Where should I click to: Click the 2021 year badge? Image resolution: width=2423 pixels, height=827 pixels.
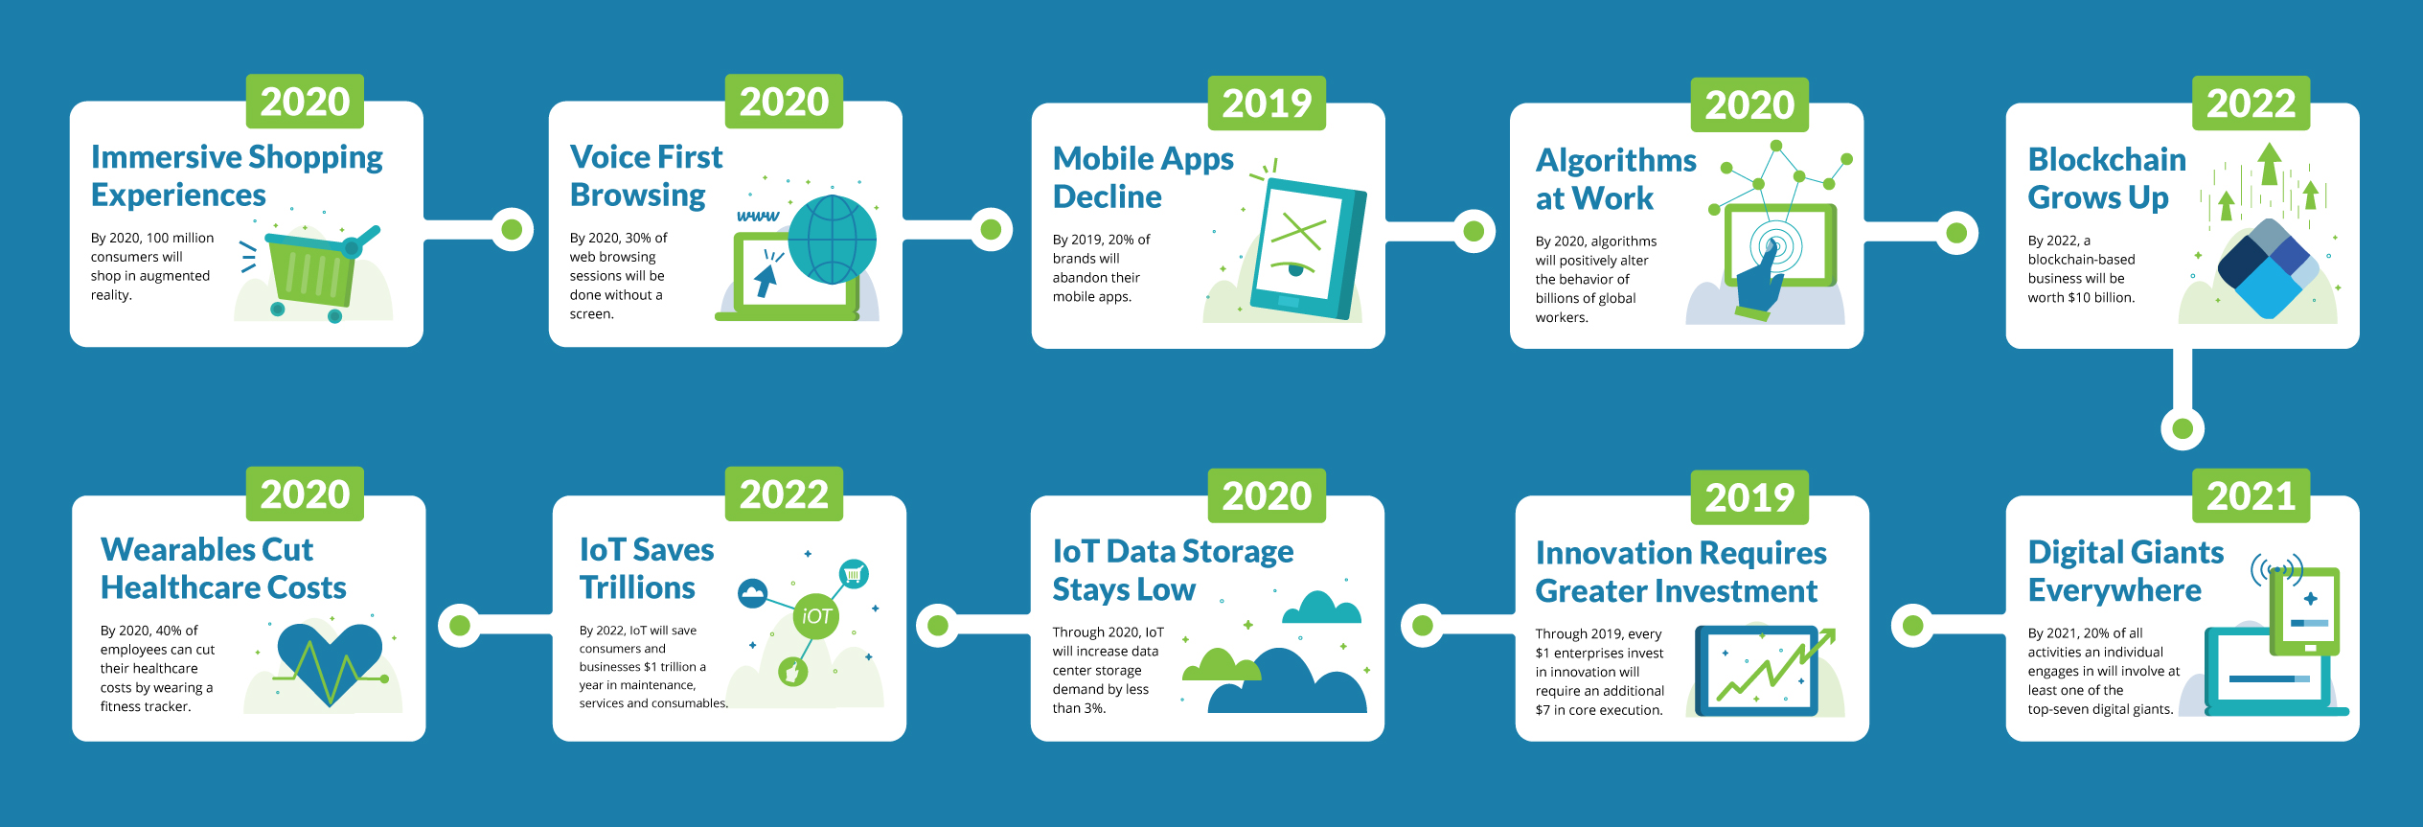point(2251,495)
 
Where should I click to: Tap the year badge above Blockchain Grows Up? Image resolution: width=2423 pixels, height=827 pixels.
point(2251,103)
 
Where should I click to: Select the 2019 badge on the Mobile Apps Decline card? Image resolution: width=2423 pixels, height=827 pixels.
point(1267,103)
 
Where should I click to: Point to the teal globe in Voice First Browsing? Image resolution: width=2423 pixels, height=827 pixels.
point(832,240)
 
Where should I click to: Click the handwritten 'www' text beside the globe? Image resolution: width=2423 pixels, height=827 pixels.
point(758,216)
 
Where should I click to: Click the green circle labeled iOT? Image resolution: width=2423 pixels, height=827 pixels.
point(816,616)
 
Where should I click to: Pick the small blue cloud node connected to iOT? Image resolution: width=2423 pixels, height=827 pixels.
point(753,593)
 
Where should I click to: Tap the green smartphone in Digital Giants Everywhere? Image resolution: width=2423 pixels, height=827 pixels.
point(2304,611)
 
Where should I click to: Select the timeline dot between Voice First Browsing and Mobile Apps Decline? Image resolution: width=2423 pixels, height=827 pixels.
point(991,229)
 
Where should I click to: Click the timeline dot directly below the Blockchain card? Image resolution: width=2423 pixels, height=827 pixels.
point(2183,428)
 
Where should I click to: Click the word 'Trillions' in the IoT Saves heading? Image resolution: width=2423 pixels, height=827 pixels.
point(637,587)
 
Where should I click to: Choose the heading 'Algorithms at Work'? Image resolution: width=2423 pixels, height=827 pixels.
point(1615,179)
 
